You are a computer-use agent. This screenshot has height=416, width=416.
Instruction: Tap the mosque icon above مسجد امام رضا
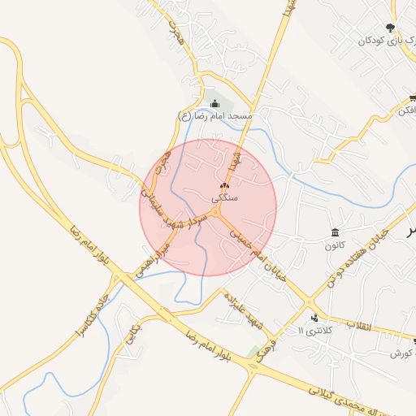214,103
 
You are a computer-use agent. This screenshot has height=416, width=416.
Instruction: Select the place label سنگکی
224,198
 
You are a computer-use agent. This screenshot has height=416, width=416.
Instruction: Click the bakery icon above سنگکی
224,186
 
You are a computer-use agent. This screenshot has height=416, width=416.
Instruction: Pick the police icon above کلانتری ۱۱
314,318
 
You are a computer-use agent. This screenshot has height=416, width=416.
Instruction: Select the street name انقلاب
358,326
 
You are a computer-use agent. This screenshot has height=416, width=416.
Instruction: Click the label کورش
402,353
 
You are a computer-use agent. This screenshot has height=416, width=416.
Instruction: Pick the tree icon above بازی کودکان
391,28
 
